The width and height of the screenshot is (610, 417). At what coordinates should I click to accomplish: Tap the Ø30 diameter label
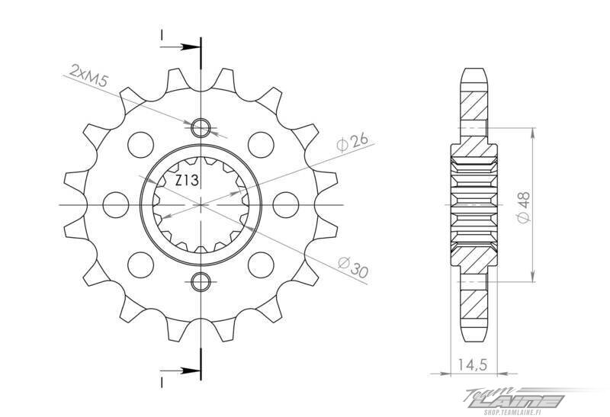click(353, 267)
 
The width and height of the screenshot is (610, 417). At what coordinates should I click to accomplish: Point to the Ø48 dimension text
click(524, 207)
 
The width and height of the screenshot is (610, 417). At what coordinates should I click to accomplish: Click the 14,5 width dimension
click(472, 365)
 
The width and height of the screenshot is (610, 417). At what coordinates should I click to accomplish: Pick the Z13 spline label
click(187, 181)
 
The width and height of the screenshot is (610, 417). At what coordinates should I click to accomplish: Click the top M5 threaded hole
click(201, 127)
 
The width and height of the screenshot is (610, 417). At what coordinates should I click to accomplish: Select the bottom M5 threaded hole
click(201, 281)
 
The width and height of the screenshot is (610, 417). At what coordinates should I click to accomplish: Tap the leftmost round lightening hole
click(117, 204)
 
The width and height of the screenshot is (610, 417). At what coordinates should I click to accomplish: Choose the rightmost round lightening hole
click(286, 204)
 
